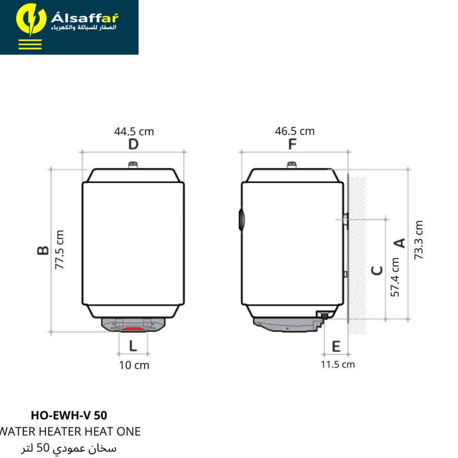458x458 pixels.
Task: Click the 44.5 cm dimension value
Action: point(134,131)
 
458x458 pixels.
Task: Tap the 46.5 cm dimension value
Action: point(294,131)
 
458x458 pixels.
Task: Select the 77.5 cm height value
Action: point(59,250)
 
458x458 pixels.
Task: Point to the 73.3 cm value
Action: point(418,240)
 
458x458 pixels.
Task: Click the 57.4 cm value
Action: point(395,277)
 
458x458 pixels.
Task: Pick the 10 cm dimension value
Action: point(134,365)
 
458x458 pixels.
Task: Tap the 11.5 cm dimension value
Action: point(338,365)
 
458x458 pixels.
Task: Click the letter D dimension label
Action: point(133,144)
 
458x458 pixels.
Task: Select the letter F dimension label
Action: point(292,144)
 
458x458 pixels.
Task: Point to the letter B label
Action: point(43,251)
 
